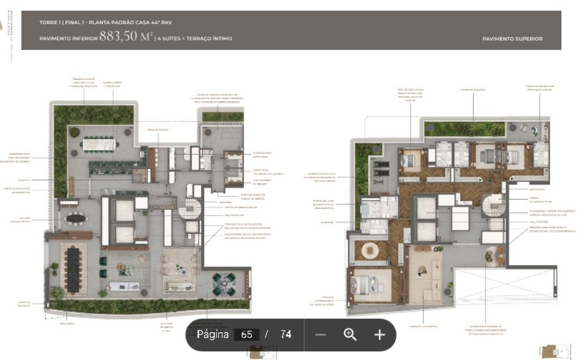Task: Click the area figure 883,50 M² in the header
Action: coord(126,37)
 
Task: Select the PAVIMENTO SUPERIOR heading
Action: coord(512,39)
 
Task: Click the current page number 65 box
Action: coord(246,335)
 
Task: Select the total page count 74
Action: coord(285,335)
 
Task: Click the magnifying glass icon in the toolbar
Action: coord(350,335)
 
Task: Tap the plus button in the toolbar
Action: coord(379,335)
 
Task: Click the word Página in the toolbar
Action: coord(213,335)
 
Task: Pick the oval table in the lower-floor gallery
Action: coord(75,218)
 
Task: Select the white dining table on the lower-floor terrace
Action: coord(99,145)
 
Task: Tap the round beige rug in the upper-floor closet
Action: coord(371,250)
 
